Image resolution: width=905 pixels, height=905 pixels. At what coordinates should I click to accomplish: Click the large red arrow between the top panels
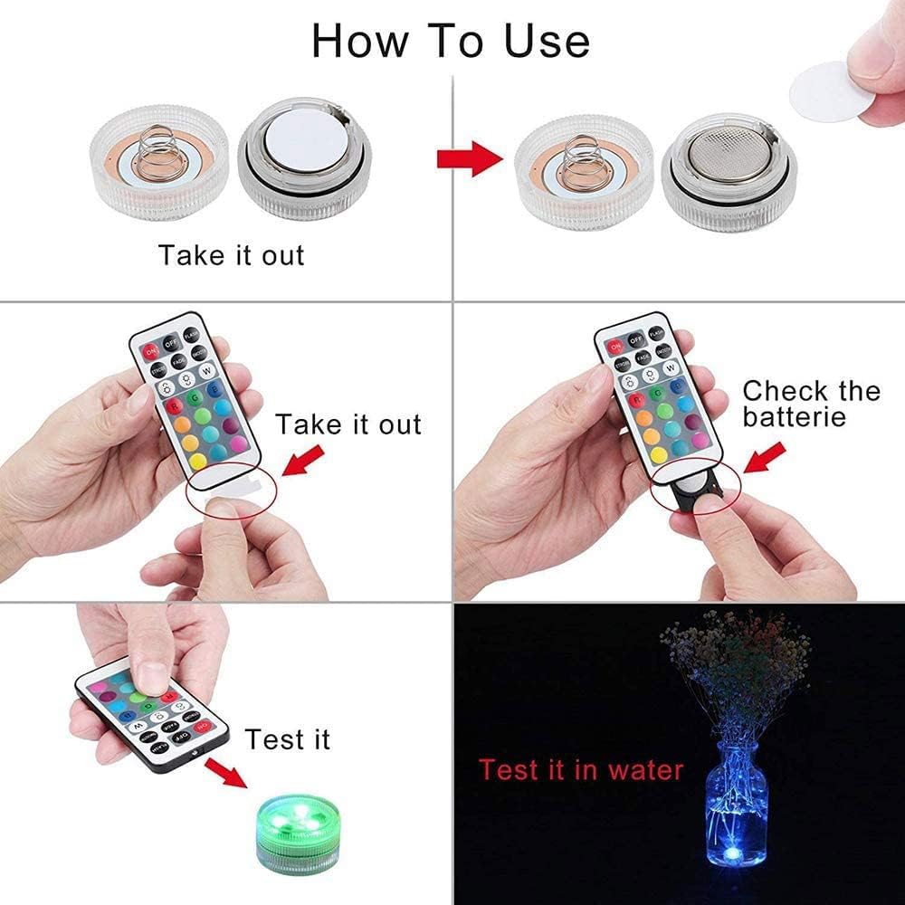(x=469, y=159)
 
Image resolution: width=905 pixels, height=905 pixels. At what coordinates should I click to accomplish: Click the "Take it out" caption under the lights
(x=232, y=255)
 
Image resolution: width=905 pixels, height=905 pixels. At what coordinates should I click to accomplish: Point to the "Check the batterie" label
(x=811, y=404)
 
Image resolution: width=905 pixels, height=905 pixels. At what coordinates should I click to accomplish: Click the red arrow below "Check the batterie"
(x=763, y=458)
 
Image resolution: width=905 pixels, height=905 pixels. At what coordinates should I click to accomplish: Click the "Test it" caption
(x=287, y=739)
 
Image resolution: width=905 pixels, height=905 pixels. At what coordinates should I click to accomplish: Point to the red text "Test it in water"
(x=580, y=770)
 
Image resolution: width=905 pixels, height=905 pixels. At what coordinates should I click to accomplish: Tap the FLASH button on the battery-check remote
(x=657, y=333)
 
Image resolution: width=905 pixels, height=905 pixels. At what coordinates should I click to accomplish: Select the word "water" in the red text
(x=645, y=770)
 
